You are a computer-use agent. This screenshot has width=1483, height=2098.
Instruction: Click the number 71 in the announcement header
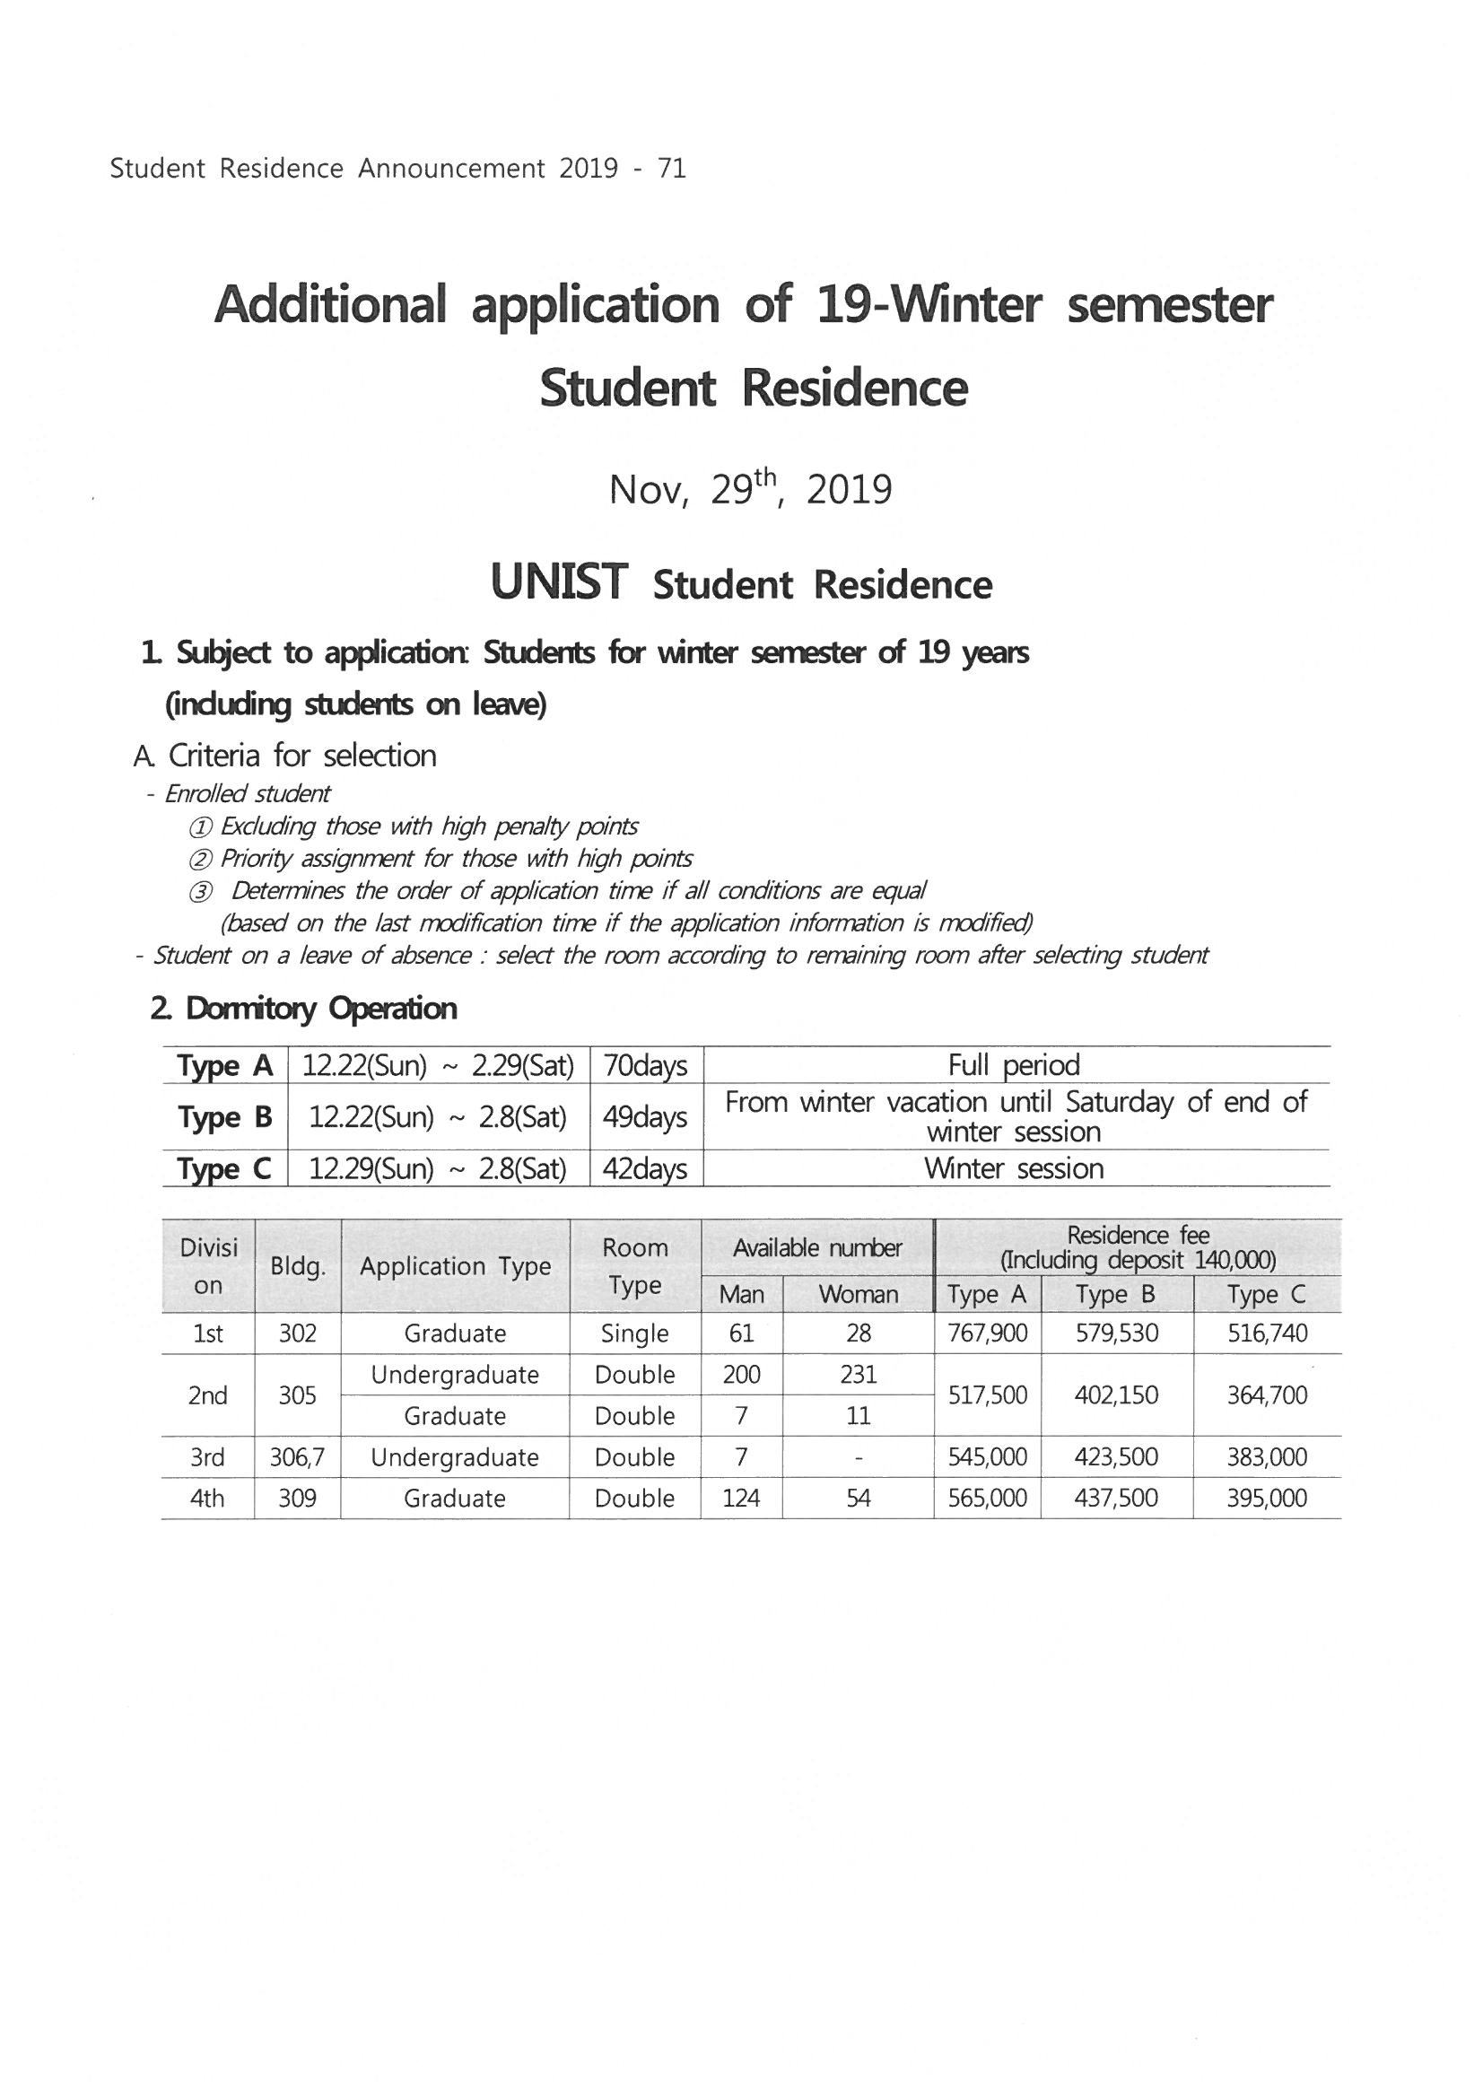coord(672,169)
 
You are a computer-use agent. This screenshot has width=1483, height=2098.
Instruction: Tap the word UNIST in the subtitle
coord(559,582)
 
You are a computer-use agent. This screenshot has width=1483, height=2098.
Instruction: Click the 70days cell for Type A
coord(646,1066)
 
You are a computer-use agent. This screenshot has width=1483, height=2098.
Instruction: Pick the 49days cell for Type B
coord(646,1116)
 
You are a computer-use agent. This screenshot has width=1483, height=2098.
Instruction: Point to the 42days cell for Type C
coord(646,1168)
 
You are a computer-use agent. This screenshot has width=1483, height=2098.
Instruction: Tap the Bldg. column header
coord(297,1266)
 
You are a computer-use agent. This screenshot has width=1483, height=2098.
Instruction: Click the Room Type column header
coord(635,1266)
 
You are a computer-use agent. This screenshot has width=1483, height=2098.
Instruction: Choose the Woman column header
coord(858,1294)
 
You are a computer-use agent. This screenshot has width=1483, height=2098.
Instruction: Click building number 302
coord(297,1333)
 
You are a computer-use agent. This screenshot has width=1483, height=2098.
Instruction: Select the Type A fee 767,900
coord(988,1333)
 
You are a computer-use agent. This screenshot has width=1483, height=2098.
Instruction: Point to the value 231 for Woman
coord(858,1375)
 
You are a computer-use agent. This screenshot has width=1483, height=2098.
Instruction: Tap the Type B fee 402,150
coord(1117,1395)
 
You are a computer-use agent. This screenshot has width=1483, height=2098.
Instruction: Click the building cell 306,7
coord(297,1457)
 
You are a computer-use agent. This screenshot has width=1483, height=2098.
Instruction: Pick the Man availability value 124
coord(741,1499)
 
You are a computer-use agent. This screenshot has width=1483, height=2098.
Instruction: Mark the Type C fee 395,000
coord(1268,1499)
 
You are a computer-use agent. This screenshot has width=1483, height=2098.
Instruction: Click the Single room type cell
coord(635,1333)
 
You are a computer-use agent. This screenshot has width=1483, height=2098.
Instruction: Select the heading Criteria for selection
coord(302,756)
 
